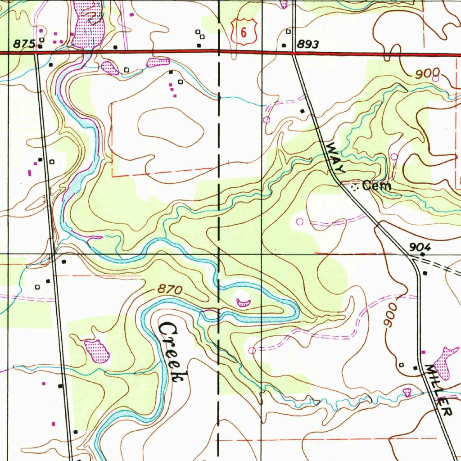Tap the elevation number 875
coord(24,44)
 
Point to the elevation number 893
coord(308,45)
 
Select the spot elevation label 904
coord(420,247)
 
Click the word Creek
coord(172,352)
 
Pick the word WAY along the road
coord(335,158)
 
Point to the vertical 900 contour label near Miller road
coord(389,315)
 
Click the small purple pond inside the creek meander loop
coord(243,302)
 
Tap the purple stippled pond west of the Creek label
coord(97,351)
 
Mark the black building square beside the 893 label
coord(284,45)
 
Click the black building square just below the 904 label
coord(425,273)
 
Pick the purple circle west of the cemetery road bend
coord(300,221)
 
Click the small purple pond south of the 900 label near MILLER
coord(407,392)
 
